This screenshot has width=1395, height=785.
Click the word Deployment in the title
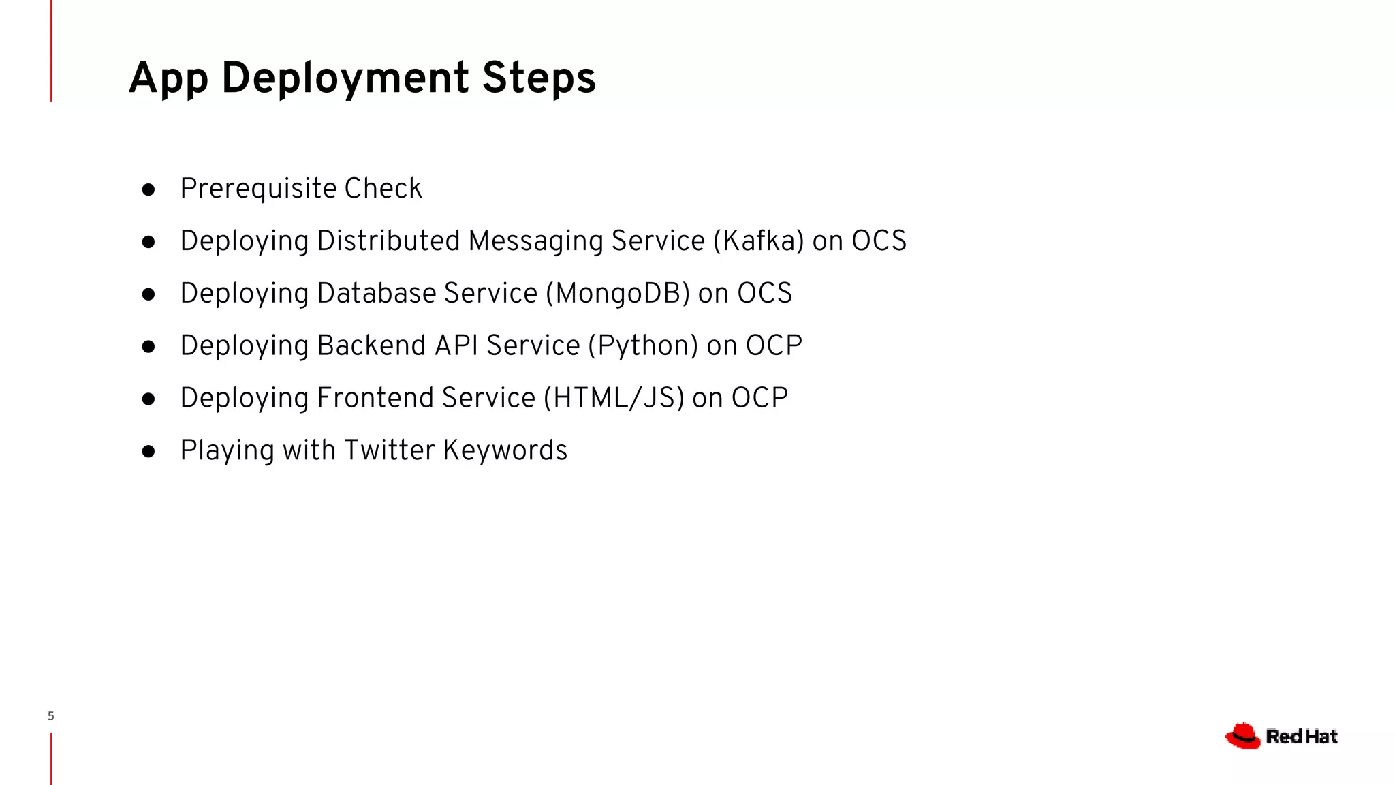(345, 78)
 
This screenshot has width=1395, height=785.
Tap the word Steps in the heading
(539, 78)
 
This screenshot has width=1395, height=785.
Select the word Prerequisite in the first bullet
(258, 189)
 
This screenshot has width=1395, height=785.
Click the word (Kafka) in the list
(759, 241)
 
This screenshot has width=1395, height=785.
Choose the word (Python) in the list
(643, 346)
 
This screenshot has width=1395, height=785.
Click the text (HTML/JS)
(614, 399)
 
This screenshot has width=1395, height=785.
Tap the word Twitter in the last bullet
(389, 450)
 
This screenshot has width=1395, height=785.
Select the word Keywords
(505, 450)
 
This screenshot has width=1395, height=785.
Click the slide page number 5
(51, 716)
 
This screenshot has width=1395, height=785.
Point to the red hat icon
(1242, 736)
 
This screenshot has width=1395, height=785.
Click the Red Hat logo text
(1302, 737)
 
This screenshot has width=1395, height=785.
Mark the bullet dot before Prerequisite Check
(148, 189)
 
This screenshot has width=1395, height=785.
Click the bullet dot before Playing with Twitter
(148, 451)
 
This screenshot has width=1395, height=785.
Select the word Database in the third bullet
(376, 294)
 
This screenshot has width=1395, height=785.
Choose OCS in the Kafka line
(879, 241)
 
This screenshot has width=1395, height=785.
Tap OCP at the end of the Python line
(774, 346)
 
